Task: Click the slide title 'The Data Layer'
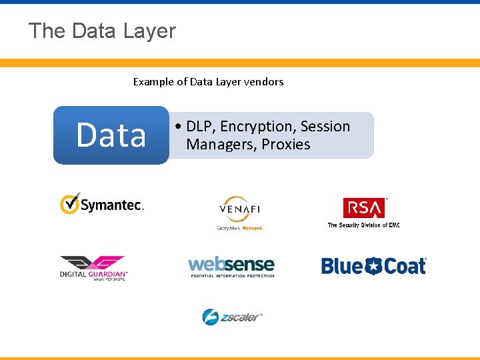[102, 31]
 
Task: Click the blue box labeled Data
[111, 135]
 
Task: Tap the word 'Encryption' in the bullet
[257, 127]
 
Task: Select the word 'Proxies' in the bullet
[285, 145]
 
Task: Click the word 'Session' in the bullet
[325, 127]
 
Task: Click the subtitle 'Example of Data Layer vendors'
[208, 82]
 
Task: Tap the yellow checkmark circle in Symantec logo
[69, 203]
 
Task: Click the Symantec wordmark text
[112, 206]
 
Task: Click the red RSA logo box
[363, 208]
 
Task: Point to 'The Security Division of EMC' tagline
[363, 225]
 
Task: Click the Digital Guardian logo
[93, 267]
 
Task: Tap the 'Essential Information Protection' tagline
[232, 275]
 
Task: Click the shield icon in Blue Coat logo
[371, 266]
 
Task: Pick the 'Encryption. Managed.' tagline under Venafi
[240, 228]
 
